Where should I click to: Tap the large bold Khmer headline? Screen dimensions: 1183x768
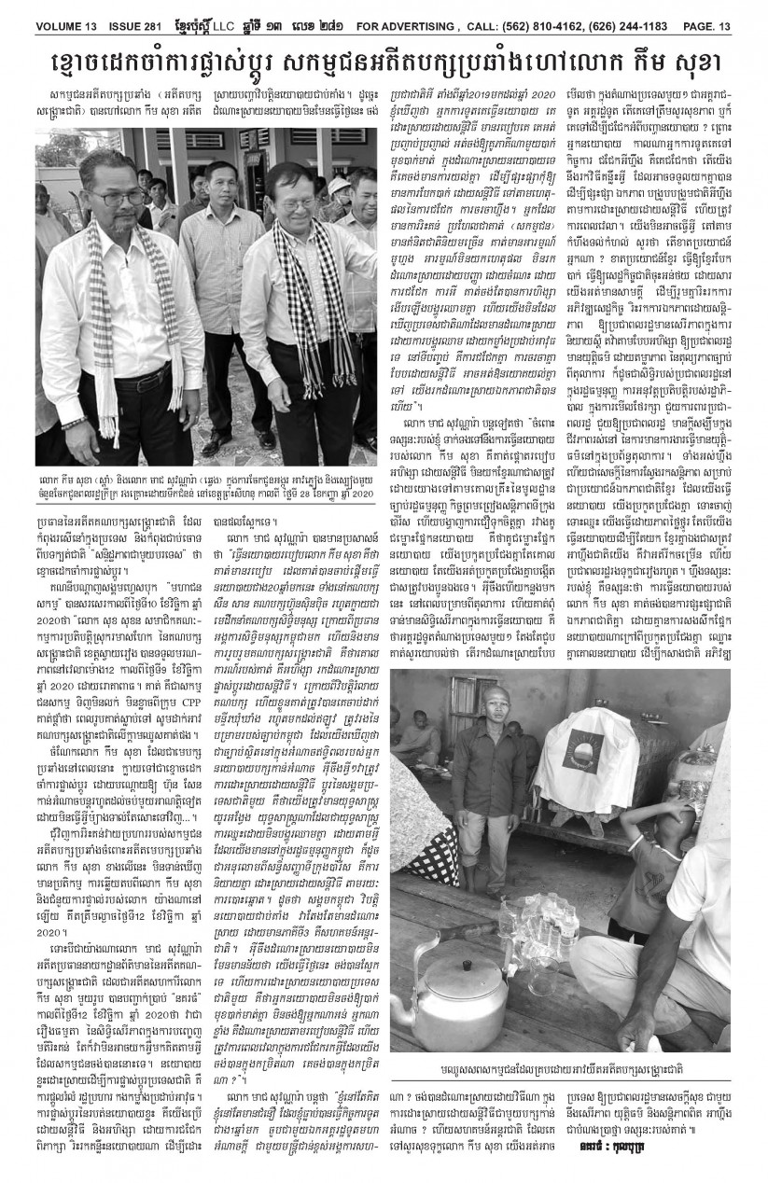[x=384, y=61]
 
